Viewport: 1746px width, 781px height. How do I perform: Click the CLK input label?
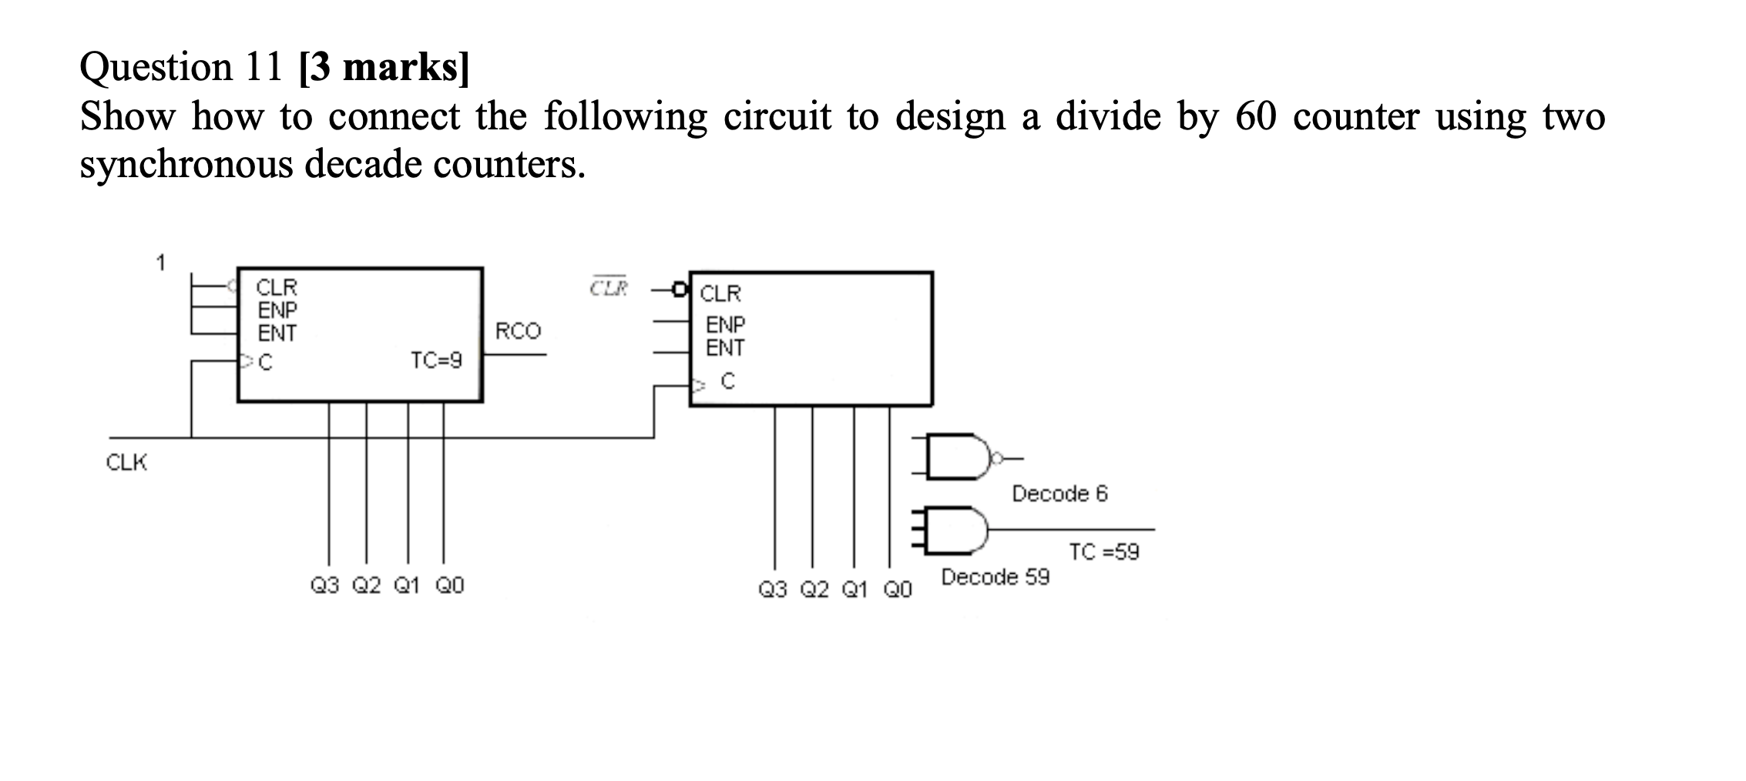pyautogui.click(x=126, y=463)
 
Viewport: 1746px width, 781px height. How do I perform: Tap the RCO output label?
pyautogui.click(x=518, y=331)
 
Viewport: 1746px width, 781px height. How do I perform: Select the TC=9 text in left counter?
pyautogui.click(x=436, y=360)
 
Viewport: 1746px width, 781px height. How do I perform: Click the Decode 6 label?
pyautogui.click(x=1059, y=494)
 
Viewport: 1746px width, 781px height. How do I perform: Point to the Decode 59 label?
pyautogui.click(x=995, y=577)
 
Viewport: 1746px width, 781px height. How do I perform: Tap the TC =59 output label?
pyautogui.click(x=1103, y=552)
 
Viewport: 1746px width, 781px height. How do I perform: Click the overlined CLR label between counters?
pyautogui.click(x=609, y=288)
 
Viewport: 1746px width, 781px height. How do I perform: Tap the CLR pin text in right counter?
pyautogui.click(x=720, y=293)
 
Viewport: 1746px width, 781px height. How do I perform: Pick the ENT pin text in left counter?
pyautogui.click(x=277, y=334)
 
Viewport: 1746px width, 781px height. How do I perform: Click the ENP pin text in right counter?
pyautogui.click(x=725, y=324)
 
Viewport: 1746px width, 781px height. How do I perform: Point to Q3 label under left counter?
pyautogui.click(x=324, y=586)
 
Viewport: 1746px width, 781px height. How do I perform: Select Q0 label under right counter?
pyautogui.click(x=897, y=590)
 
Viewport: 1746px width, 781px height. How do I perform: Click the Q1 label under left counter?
pyautogui.click(x=407, y=586)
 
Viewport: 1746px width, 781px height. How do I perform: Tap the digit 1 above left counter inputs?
pyautogui.click(x=160, y=263)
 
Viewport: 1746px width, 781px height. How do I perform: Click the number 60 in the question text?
pyautogui.click(x=1257, y=117)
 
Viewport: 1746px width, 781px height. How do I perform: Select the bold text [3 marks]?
pyautogui.click(x=383, y=68)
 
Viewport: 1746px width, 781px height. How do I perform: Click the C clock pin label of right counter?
pyautogui.click(x=728, y=381)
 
